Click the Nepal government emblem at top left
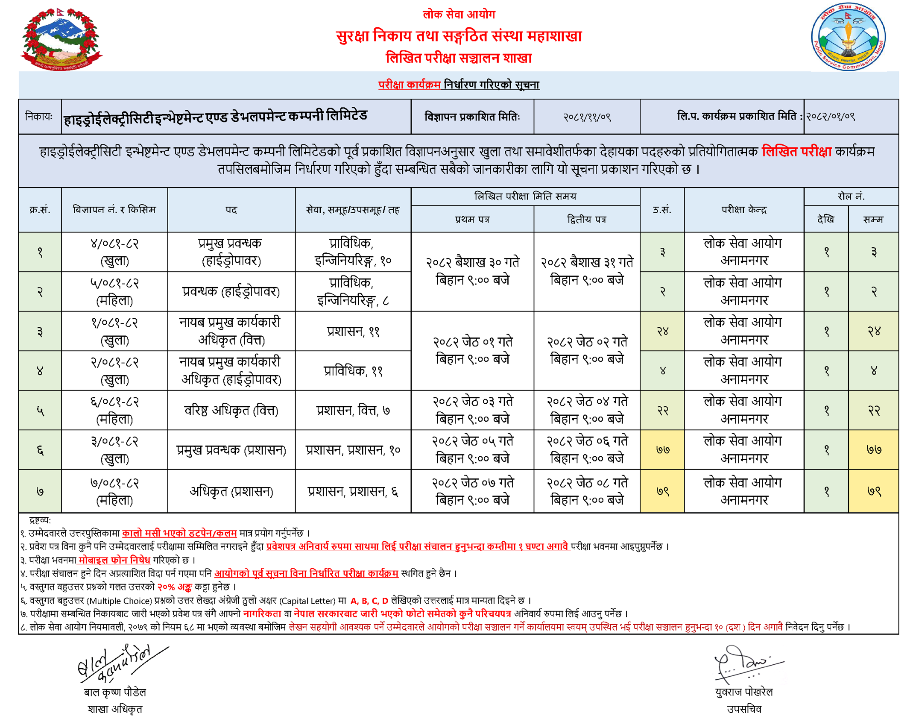click(x=61, y=38)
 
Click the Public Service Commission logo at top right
click(x=847, y=37)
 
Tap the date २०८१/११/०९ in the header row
click(x=586, y=117)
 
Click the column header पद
click(x=231, y=210)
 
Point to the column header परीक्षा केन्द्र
click(x=743, y=210)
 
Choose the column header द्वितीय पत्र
click(x=586, y=220)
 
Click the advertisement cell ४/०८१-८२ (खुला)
click(x=114, y=252)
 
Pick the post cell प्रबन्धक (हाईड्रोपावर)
click(x=231, y=292)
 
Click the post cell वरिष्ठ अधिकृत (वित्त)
click(x=231, y=411)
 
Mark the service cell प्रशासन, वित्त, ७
click(x=353, y=411)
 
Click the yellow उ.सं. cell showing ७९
click(x=662, y=491)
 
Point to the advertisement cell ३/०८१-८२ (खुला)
click(x=114, y=450)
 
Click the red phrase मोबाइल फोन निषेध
click(x=114, y=560)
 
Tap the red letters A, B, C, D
click(x=369, y=601)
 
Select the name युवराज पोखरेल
click(x=743, y=692)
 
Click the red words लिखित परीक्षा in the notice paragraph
click(x=796, y=152)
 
